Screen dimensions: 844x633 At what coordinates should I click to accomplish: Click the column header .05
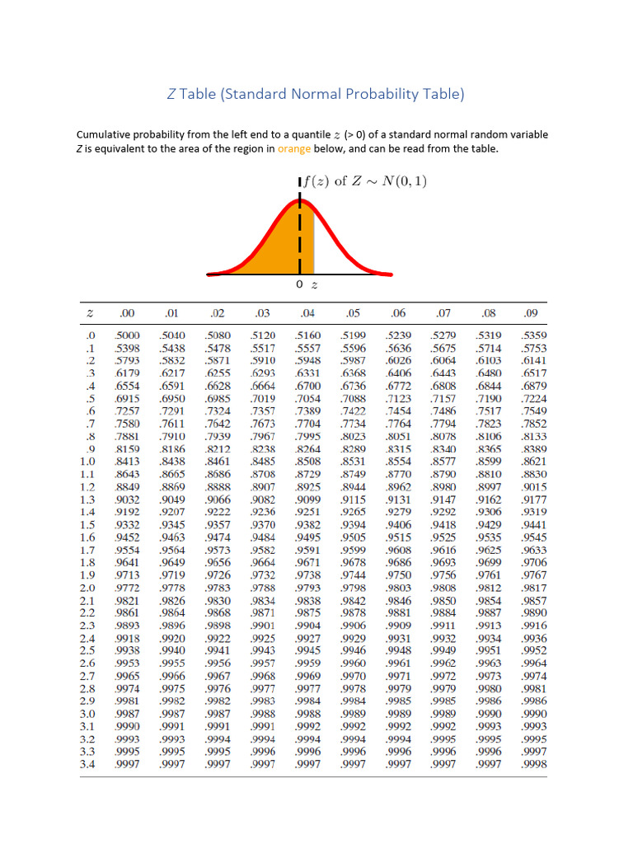pos(354,313)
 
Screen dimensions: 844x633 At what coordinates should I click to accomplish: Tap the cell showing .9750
pos(399,574)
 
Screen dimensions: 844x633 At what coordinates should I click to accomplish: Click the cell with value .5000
pos(128,335)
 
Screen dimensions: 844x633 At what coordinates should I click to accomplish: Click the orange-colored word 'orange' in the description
pos(293,149)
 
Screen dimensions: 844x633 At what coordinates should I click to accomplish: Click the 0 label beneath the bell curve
pos(299,284)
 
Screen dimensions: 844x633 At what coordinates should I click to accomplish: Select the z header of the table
pos(89,313)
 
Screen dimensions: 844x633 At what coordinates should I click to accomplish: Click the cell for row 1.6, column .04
pos(308,537)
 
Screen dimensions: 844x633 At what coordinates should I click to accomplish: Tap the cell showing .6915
pos(128,399)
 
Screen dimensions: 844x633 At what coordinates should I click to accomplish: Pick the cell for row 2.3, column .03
pos(263,625)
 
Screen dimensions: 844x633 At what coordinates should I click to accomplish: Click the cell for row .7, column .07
pos(444,424)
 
